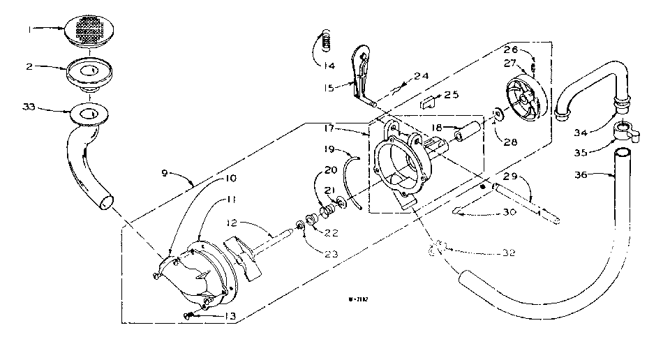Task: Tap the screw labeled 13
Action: tap(190, 316)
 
